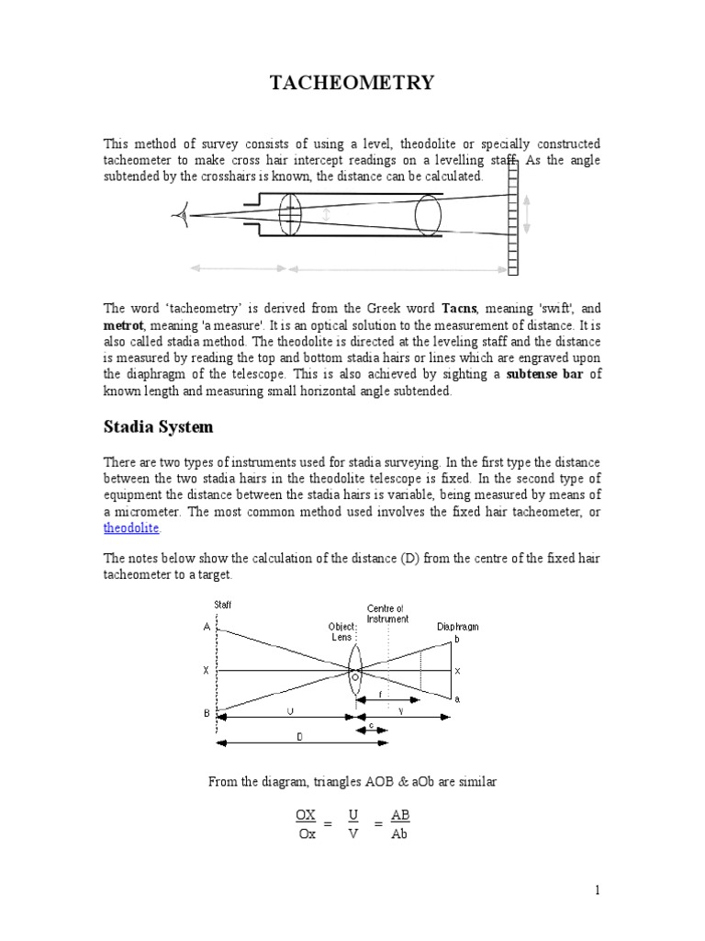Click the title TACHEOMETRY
pos(352,85)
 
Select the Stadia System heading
pos(157,426)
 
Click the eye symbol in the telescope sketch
pos(178,215)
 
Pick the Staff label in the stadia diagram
pos(223,604)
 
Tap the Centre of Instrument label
pos(387,613)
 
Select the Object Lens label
pos(342,631)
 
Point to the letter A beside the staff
pos(207,627)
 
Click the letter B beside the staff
pos(207,712)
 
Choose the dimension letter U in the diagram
pos(290,710)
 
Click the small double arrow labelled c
pos(371,730)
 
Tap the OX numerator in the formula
pos(306,815)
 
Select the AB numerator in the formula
pos(400,815)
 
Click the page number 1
pos(597,890)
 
